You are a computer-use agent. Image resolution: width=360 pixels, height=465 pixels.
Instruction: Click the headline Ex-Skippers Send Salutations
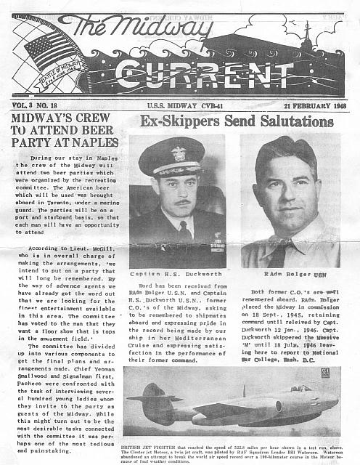coord(236,121)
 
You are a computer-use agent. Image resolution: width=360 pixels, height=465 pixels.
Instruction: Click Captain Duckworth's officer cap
coord(172,158)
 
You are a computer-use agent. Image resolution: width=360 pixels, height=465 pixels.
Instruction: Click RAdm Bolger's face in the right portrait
coord(290,193)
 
